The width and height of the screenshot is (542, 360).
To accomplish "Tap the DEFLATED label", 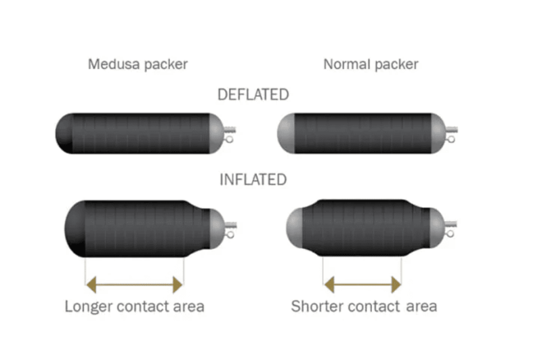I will click(253, 94).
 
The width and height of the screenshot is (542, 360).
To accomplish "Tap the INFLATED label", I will click(253, 180).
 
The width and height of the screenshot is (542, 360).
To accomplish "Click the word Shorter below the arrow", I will click(316, 306).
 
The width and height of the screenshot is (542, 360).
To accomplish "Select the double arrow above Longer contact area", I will click(135, 284).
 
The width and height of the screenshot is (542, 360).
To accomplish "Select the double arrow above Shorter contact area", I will click(362, 284).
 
